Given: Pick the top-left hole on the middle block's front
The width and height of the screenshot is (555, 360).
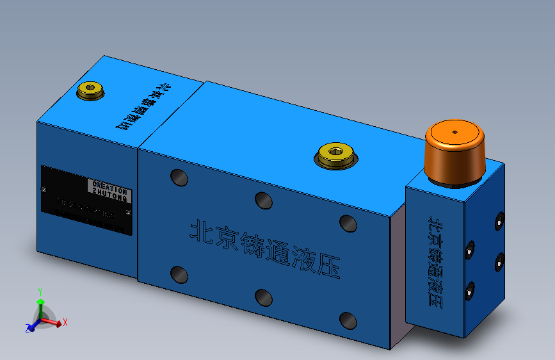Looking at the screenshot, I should (179, 177).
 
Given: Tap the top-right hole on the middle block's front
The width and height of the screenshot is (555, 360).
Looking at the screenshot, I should (348, 223).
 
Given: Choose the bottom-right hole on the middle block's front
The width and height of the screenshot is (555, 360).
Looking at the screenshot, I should (348, 320).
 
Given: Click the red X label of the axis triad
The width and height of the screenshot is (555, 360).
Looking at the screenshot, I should (65, 322).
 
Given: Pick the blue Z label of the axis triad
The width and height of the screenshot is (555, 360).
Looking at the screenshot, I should (28, 328).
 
